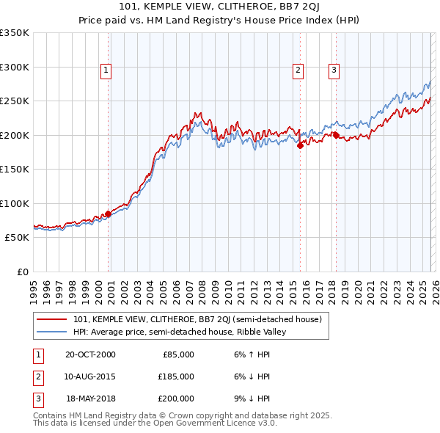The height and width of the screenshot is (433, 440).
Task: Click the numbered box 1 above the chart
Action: pyautogui.click(x=106, y=70)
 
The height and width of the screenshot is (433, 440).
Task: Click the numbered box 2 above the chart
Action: pyautogui.click(x=298, y=70)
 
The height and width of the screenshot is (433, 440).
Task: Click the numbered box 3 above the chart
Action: pyautogui.click(x=334, y=70)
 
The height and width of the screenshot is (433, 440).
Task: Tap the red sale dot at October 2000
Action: pyautogui.click(x=109, y=214)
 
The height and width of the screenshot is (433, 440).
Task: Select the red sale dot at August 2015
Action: pyautogui.click(x=300, y=145)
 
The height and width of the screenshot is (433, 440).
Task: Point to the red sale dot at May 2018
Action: pyautogui.click(x=336, y=135)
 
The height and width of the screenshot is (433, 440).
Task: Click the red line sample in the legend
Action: pyautogui.click(x=51, y=319)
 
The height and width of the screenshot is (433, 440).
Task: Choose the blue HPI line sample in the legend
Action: pyautogui.click(x=51, y=332)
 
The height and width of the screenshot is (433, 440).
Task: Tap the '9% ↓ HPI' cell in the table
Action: pyautogui.click(x=251, y=399)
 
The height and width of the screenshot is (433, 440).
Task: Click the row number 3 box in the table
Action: pyautogui.click(x=37, y=399)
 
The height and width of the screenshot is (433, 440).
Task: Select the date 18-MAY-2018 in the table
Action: pyautogui.click(x=90, y=399)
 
